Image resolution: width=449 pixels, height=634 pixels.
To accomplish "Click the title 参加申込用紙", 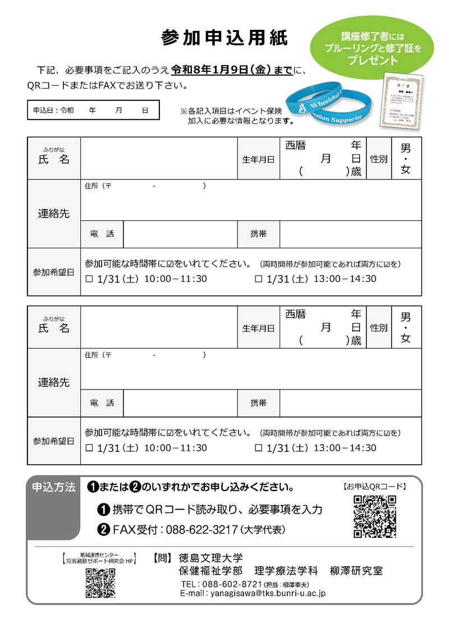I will [x=224, y=38].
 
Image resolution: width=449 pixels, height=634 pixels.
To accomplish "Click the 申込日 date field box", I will [x=93, y=110].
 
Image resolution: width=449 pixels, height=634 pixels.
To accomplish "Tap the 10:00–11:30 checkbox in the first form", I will [x=89, y=279].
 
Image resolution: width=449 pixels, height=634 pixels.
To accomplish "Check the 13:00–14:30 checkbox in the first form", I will [x=259, y=279].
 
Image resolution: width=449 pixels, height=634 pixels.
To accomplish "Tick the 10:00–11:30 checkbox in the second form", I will [x=89, y=448].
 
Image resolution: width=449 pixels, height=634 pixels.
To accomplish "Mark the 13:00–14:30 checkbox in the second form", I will [x=259, y=448].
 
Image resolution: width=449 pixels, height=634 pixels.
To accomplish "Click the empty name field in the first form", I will [x=159, y=159].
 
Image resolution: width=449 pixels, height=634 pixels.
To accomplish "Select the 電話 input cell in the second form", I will [x=180, y=403].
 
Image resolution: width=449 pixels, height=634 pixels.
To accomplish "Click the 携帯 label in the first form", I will [x=259, y=234].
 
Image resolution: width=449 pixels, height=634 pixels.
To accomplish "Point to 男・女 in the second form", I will [x=405, y=327].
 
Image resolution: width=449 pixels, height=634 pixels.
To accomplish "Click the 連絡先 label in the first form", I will [x=54, y=214].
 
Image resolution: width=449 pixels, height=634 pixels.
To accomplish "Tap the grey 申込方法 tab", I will [x=54, y=487].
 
